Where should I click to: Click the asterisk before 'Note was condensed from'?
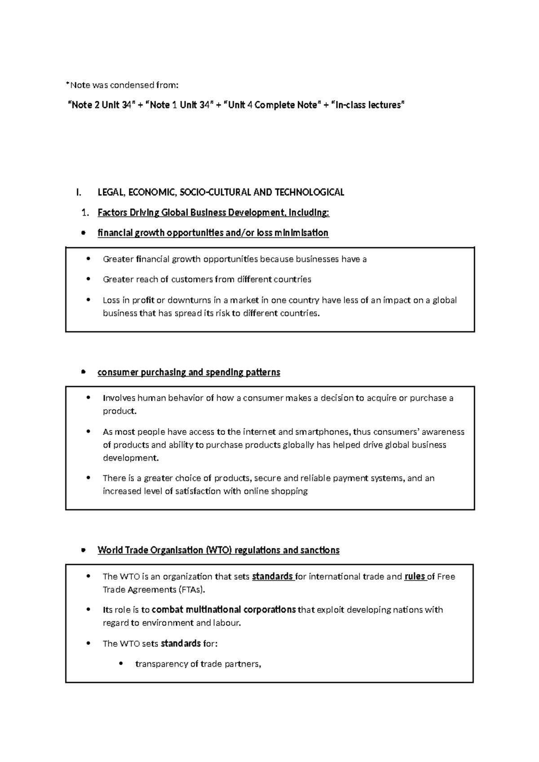(x=67, y=83)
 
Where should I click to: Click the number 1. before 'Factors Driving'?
(x=85, y=213)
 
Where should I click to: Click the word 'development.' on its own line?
(x=131, y=458)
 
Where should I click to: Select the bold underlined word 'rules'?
(x=414, y=576)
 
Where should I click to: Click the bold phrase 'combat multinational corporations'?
(x=224, y=610)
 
